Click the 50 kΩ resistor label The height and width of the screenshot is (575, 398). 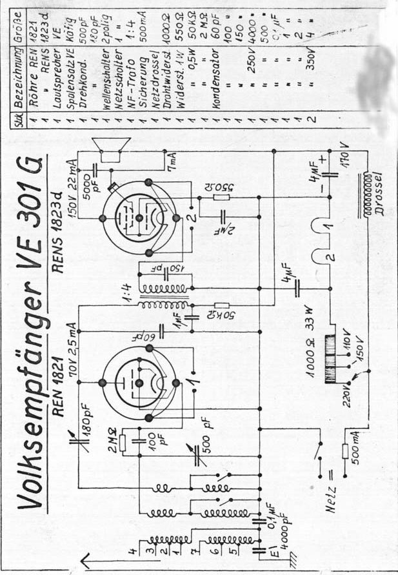pos(230,314)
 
